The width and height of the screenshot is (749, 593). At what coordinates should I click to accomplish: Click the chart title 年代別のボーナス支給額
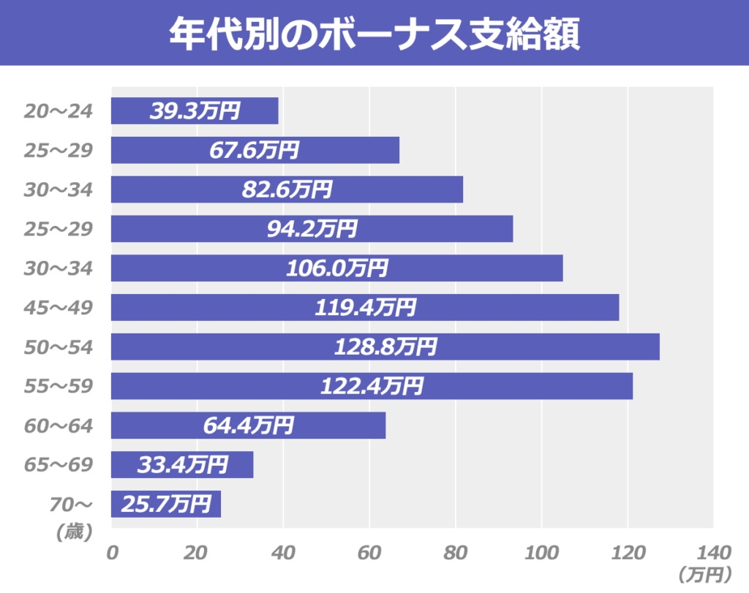[x=374, y=33]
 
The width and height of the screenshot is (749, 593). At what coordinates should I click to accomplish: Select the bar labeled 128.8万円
[x=385, y=347]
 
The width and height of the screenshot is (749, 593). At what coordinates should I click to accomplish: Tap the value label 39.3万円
[x=195, y=111]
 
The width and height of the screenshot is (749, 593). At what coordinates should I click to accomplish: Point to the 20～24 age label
[x=58, y=111]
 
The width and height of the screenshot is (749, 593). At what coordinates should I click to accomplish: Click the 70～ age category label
[x=71, y=504]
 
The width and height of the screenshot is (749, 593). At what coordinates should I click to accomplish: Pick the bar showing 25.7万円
[x=165, y=505]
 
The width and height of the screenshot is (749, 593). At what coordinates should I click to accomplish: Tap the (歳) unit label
[x=73, y=532]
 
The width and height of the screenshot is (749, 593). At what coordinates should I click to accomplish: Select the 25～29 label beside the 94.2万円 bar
[x=58, y=229]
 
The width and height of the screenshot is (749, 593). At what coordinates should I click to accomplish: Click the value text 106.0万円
[x=337, y=268]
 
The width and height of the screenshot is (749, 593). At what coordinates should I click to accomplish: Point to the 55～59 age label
[x=58, y=386]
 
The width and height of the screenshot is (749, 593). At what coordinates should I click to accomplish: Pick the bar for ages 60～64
[x=248, y=426]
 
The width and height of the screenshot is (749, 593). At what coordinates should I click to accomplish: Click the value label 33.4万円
[x=183, y=465]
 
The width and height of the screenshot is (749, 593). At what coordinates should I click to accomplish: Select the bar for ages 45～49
[x=365, y=307]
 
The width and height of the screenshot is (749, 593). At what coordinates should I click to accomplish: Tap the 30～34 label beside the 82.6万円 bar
[x=58, y=190]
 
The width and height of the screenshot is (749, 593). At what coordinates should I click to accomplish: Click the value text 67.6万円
[x=255, y=151]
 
